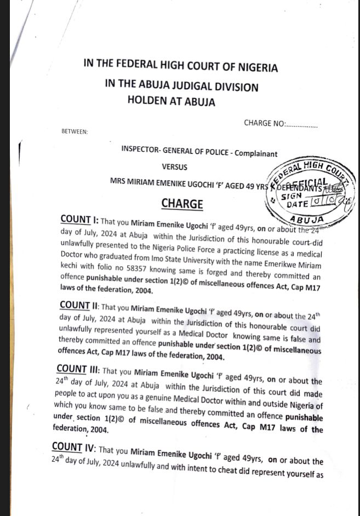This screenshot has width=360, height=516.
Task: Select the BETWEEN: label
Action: (75, 131)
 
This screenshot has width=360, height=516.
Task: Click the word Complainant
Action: (256, 153)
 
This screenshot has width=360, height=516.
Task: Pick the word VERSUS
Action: (174, 167)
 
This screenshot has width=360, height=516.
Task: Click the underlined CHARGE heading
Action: (182, 204)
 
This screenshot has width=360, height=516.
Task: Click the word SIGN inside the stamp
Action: (291, 195)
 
